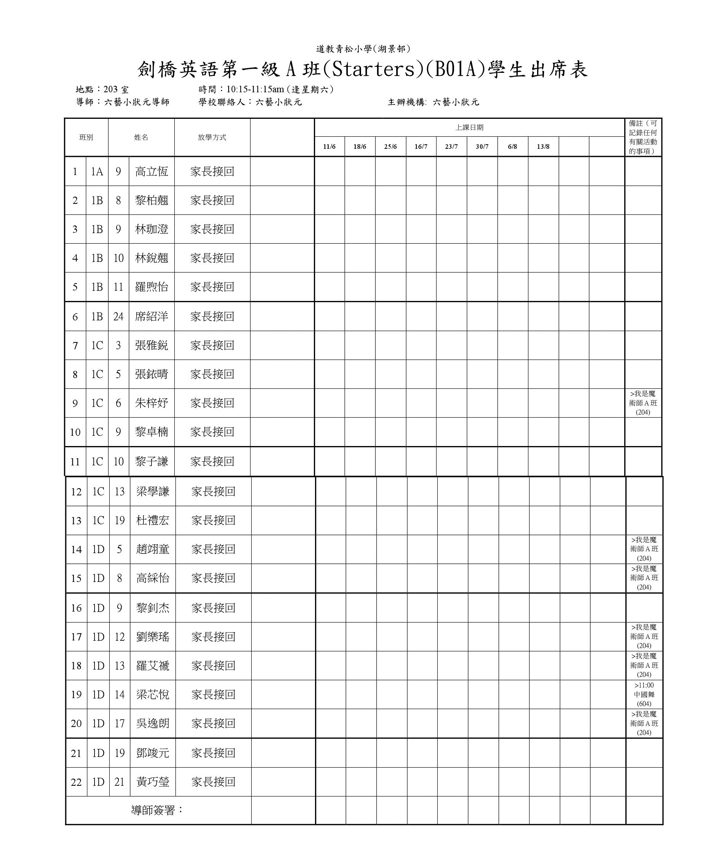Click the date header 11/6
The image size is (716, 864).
click(x=329, y=147)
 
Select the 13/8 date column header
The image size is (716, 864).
click(x=543, y=147)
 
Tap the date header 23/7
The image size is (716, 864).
click(x=451, y=147)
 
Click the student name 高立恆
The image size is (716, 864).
click(x=151, y=172)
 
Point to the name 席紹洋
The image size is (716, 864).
click(x=151, y=316)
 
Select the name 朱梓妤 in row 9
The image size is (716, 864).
click(x=151, y=403)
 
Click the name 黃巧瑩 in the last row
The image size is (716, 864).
click(x=153, y=782)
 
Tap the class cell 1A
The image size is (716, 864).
click(x=97, y=172)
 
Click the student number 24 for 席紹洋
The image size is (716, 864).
click(x=118, y=316)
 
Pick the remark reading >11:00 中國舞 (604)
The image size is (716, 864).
click(x=644, y=694)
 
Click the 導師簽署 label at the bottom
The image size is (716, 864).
click(x=157, y=810)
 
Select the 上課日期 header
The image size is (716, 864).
click(x=469, y=128)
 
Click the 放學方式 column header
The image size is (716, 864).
click(x=212, y=137)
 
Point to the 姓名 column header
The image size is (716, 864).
click(x=141, y=137)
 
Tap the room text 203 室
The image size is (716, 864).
click(x=116, y=89)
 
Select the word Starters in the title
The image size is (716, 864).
click(x=374, y=69)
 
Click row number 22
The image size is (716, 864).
click(x=76, y=782)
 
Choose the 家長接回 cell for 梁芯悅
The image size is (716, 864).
click(x=213, y=694)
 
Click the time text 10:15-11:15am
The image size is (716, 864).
click(x=255, y=89)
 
